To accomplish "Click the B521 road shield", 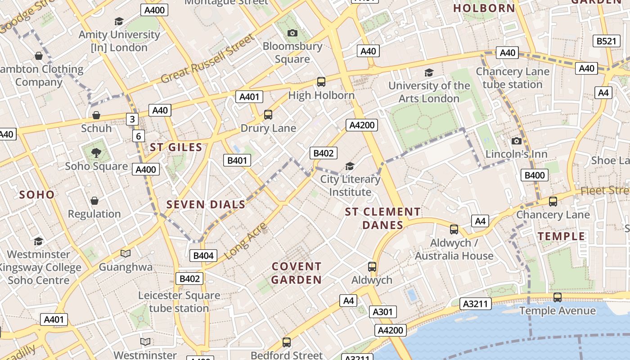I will pos(606,41).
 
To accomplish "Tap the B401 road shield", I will pos(237,160).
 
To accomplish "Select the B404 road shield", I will pos(203,256).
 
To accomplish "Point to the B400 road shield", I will pos(535,175).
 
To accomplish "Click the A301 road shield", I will pos(383,311).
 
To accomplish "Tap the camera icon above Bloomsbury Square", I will pos(292,33).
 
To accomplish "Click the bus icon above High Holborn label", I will pos(321,82).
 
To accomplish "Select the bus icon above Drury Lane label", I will pos(268,115).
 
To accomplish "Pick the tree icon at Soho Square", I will pos(96,153).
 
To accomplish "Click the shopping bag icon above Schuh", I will pos(96,115).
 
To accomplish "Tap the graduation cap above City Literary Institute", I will pos(350,166).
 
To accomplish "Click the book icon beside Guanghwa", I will pos(126,254).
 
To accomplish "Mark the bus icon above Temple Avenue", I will pos(557,297).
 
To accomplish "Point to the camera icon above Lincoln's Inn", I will pos(517,141).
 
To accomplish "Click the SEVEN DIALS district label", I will pos(206,205).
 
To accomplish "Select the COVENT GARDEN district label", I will pos(297,273).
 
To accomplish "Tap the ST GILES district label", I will pos(176,147).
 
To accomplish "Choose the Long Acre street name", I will pos(245,241).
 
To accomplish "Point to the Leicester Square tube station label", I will pos(179,302).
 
